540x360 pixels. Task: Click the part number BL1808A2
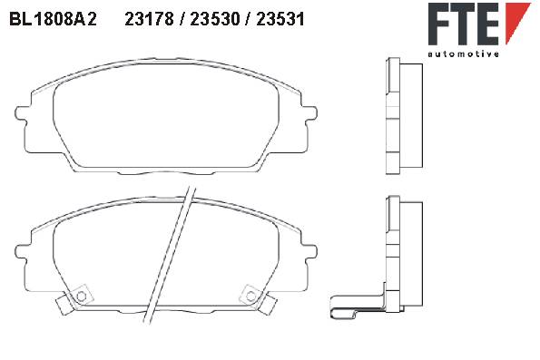(53, 19)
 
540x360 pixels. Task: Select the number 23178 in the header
(149, 19)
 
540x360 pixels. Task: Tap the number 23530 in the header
(215, 19)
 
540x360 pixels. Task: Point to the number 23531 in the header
(280, 19)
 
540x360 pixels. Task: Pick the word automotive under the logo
(463, 54)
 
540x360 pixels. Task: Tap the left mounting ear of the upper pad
(21, 112)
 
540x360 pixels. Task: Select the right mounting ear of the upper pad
(310, 112)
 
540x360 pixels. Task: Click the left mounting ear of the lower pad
(21, 251)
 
